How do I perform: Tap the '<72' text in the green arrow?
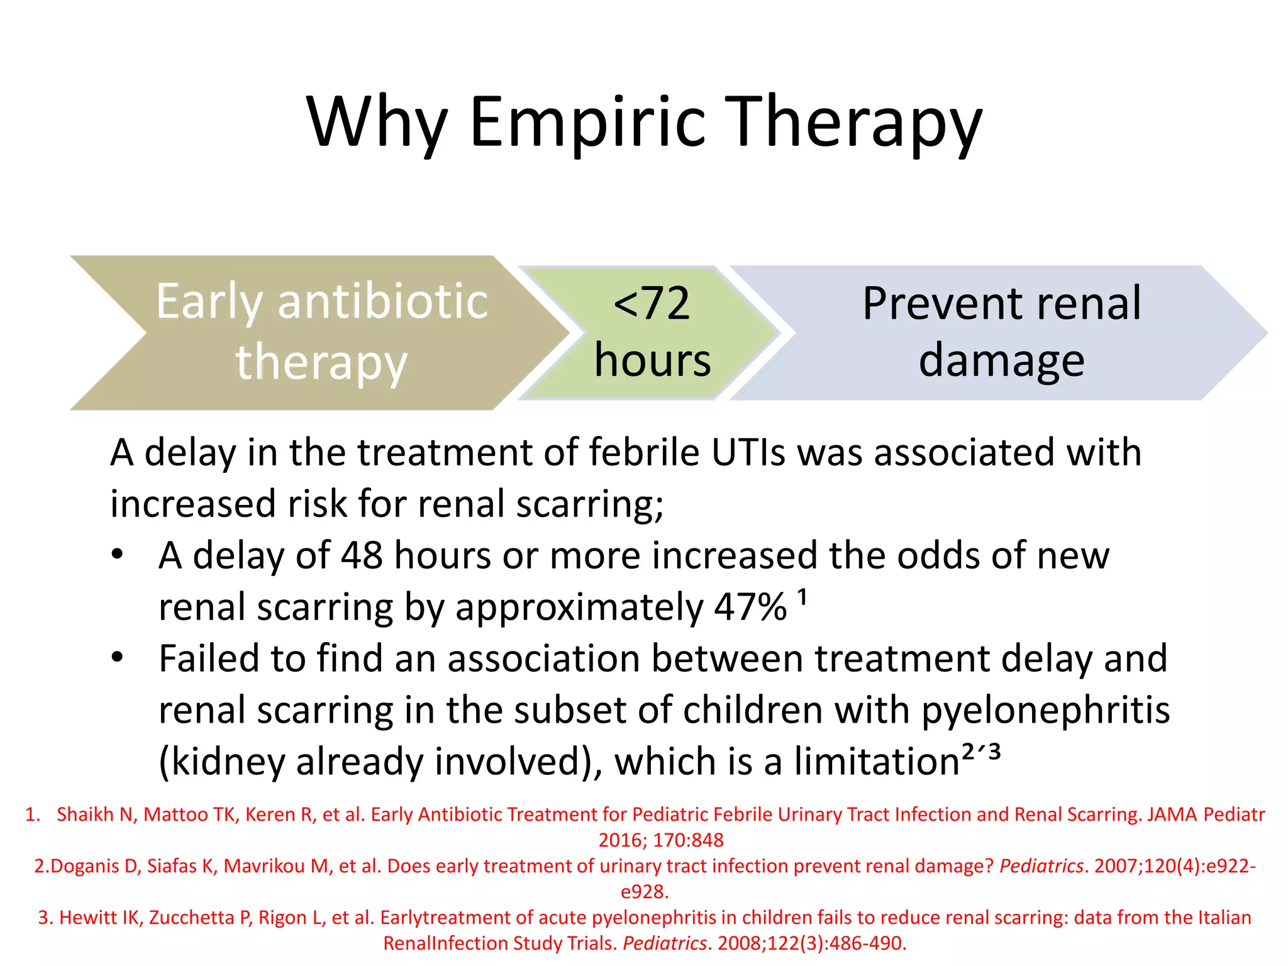click(652, 303)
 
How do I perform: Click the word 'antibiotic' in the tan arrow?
click(382, 301)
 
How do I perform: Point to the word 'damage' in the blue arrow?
click(1001, 362)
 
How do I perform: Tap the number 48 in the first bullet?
click(362, 555)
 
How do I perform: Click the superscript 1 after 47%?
click(802, 596)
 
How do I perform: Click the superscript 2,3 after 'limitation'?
click(980, 752)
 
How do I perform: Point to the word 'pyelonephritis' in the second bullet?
click(1045, 710)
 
